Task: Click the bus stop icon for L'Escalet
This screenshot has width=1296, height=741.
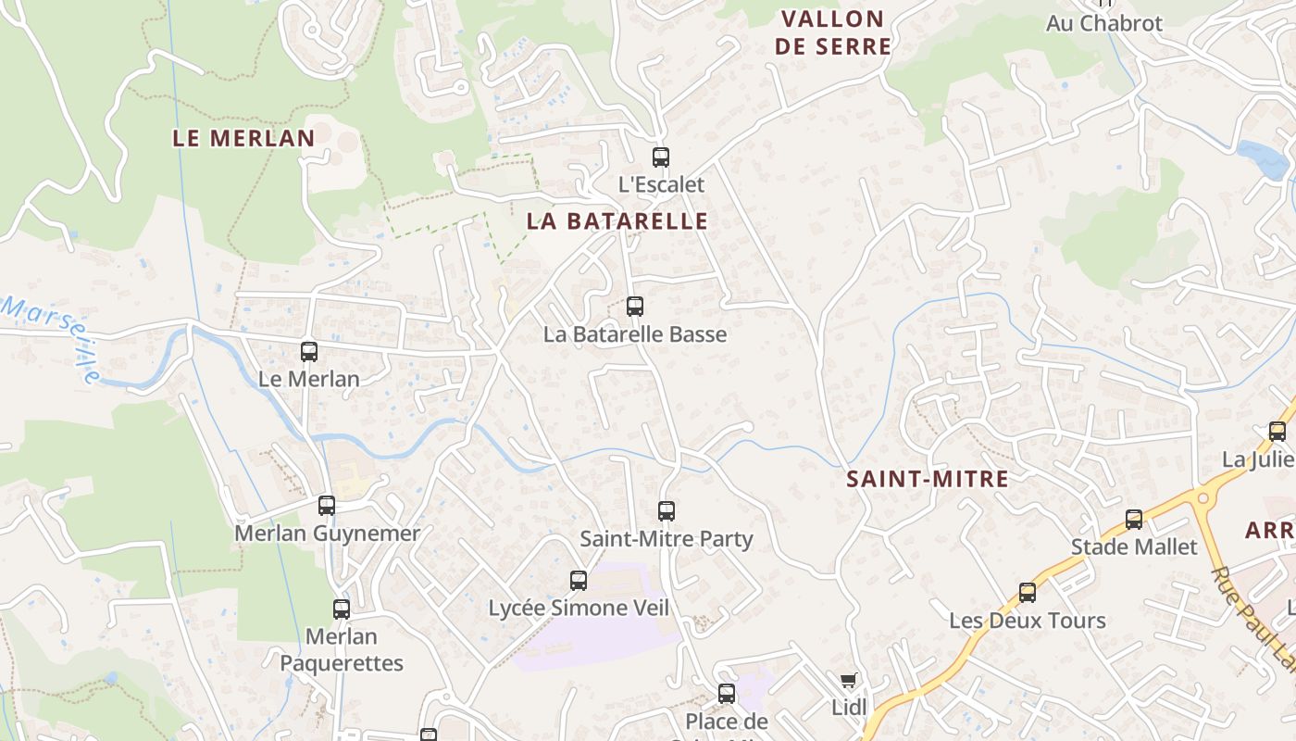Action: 660,157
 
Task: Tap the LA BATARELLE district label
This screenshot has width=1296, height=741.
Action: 617,221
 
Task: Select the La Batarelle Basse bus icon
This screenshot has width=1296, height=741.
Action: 634,307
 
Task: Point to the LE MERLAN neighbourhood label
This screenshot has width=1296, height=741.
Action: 243,139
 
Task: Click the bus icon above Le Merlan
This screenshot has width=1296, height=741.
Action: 309,352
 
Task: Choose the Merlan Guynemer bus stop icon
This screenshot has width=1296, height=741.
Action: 326,506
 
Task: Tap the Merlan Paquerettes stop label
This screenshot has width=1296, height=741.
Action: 342,650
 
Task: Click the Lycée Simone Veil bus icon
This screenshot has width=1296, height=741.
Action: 579,581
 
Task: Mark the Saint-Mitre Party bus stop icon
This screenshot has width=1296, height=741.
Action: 667,510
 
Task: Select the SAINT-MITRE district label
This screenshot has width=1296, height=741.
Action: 928,479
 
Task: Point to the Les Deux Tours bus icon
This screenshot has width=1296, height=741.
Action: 1027,593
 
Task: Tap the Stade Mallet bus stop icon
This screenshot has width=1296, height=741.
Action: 1134,520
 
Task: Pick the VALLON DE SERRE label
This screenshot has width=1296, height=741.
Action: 833,32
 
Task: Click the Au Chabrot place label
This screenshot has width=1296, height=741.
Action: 1103,23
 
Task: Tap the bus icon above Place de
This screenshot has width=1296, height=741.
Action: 727,693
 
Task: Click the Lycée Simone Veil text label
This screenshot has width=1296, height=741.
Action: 579,609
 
